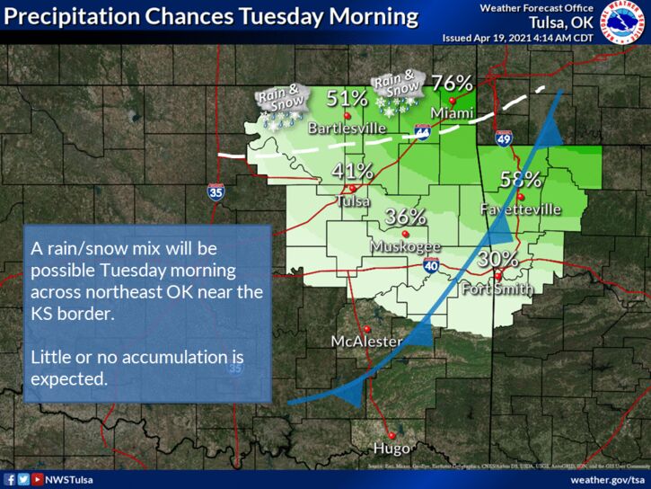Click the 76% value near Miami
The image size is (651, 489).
(x=452, y=82)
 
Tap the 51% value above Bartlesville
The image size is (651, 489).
(x=345, y=98)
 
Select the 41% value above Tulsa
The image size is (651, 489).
(x=353, y=171)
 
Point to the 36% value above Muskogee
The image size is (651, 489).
(x=405, y=217)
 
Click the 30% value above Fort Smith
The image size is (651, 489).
(x=497, y=259)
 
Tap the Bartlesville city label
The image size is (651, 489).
(x=347, y=129)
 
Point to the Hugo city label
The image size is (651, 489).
(x=391, y=448)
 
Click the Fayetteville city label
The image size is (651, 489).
(x=521, y=209)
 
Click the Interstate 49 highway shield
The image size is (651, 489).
(x=504, y=138)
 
